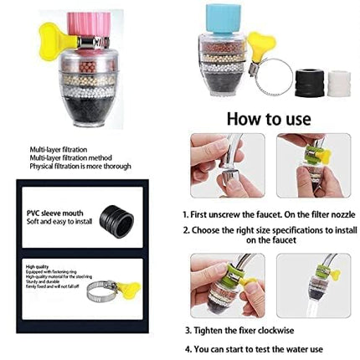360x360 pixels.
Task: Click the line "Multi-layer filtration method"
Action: tap(59, 157)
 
